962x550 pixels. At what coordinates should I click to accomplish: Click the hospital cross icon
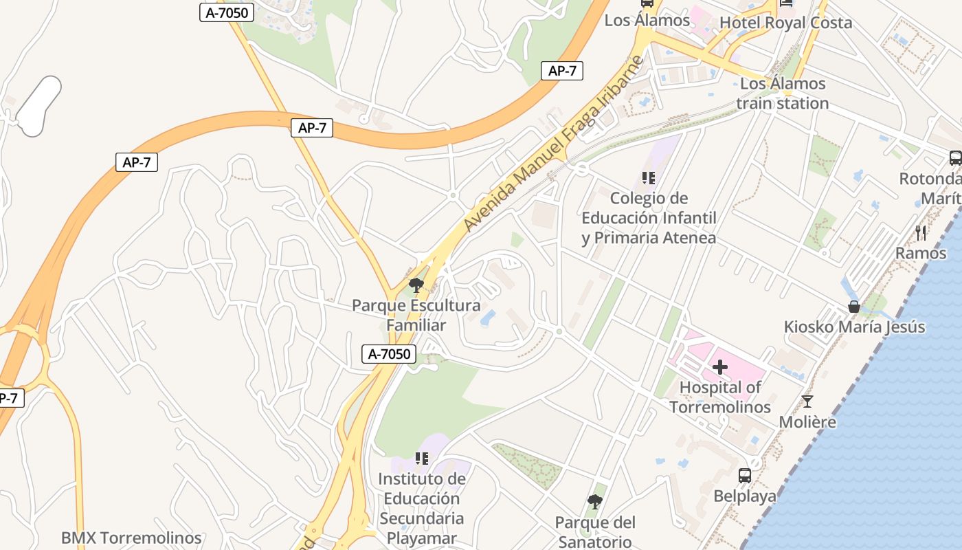[x=719, y=367]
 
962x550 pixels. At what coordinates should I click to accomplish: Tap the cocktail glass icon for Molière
[x=807, y=401]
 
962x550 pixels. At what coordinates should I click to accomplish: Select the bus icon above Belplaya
[x=744, y=475]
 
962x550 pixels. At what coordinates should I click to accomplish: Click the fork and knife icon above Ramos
[x=921, y=233]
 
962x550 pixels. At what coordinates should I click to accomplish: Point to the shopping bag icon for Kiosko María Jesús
[x=853, y=307]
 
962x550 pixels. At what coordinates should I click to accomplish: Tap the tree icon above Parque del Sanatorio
[x=595, y=502]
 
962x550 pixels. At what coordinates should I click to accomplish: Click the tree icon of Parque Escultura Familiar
[x=416, y=285]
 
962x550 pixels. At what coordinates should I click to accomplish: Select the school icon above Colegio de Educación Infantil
[x=648, y=178]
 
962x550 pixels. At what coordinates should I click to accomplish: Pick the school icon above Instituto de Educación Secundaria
[x=422, y=459]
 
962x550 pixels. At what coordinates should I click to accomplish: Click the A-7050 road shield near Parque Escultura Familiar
[x=389, y=354]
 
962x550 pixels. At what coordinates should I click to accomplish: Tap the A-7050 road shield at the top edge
[x=227, y=12]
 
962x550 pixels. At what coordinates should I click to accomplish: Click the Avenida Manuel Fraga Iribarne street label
[x=553, y=143]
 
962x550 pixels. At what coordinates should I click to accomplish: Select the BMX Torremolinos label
[x=131, y=538]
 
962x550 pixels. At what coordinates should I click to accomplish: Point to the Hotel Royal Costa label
[x=785, y=23]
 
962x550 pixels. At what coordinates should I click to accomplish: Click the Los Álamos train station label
[x=783, y=93]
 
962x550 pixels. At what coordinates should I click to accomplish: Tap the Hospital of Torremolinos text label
[x=720, y=397]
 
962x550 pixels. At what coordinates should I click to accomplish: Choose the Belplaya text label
[x=744, y=496]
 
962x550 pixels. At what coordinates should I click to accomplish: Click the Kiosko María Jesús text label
[x=854, y=327]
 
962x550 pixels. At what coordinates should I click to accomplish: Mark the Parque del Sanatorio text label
[x=595, y=531]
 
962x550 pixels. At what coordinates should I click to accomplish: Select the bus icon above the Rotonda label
[x=955, y=157]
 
